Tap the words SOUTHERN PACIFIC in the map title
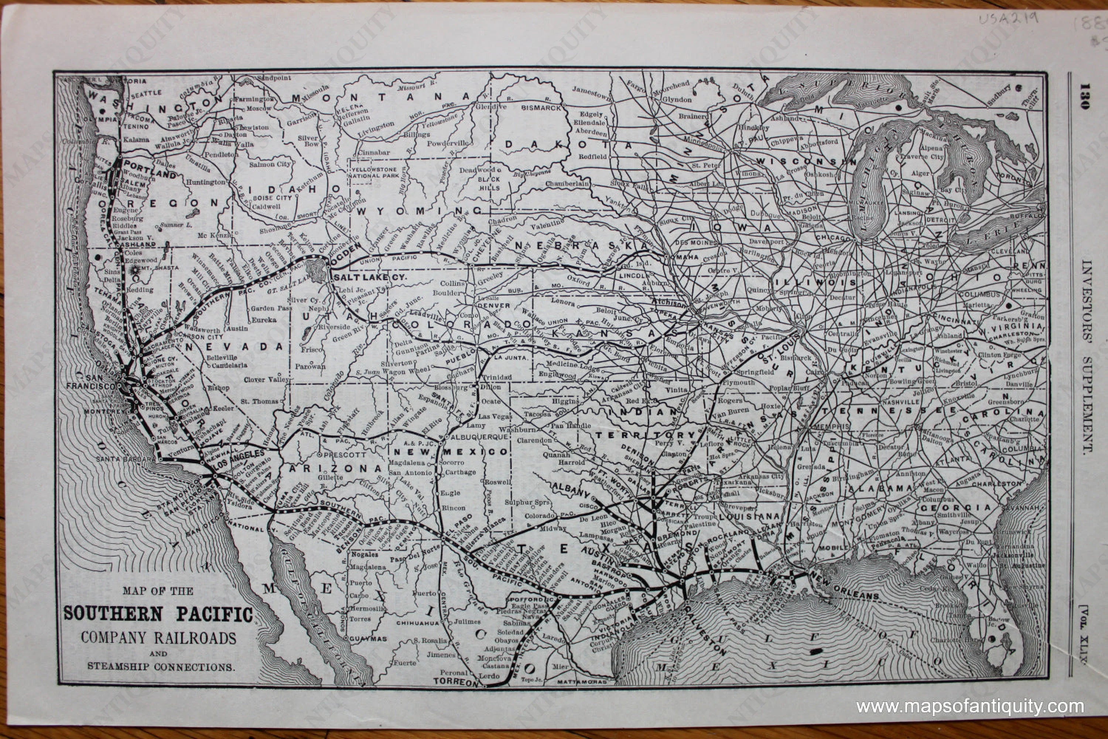pyautogui.click(x=158, y=614)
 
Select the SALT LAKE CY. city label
pyautogui.click(x=369, y=277)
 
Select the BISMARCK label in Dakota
pyautogui.click(x=541, y=108)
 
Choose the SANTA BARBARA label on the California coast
pyautogui.click(x=125, y=459)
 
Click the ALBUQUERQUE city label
pyautogui.click(x=478, y=437)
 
